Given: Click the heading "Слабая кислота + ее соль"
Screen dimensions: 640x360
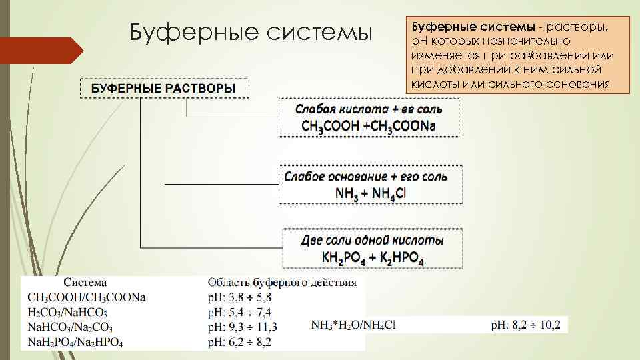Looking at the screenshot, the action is (369, 108).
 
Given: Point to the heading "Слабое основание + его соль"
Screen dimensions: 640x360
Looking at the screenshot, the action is (365, 177).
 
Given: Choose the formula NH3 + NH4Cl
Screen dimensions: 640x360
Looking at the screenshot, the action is (371, 193).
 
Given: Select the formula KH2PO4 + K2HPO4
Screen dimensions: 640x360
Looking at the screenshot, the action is (373, 258).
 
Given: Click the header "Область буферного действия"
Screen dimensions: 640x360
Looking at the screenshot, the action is (282, 283).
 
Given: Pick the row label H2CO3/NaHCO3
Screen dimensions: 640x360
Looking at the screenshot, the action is (68, 312).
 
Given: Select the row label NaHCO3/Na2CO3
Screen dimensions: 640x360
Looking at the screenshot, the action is (71, 327).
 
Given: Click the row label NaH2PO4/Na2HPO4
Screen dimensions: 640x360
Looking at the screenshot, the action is (76, 342).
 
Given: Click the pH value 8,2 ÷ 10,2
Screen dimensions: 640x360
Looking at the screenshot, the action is (525, 325).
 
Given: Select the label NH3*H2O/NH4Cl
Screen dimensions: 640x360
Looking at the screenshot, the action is (353, 325).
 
